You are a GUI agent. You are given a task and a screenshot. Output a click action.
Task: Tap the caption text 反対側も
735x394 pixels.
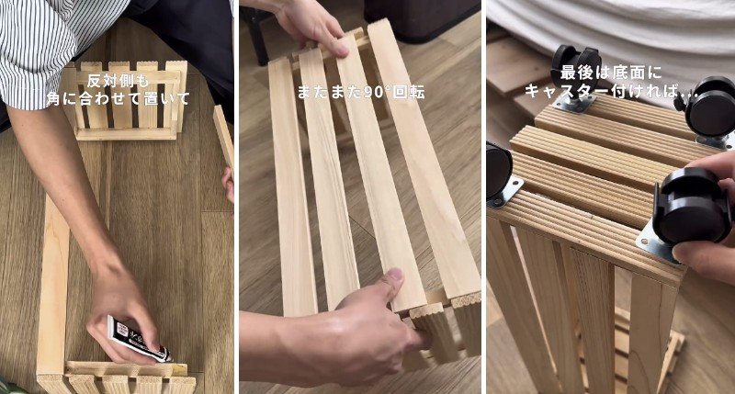pyautogui.click(x=119, y=81)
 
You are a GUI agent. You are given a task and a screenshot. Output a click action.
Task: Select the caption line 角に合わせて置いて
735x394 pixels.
pyautogui.click(x=119, y=98)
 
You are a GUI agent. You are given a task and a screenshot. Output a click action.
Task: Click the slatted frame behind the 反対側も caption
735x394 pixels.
pyautogui.click(x=126, y=101)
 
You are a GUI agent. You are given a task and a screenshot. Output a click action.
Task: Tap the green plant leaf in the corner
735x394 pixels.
pyautogui.click(x=5, y=386)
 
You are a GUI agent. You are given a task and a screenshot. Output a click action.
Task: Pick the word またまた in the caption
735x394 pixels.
pyautogui.click(x=327, y=92)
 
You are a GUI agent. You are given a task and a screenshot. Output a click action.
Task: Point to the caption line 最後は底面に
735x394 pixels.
pyautogui.click(x=611, y=73)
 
